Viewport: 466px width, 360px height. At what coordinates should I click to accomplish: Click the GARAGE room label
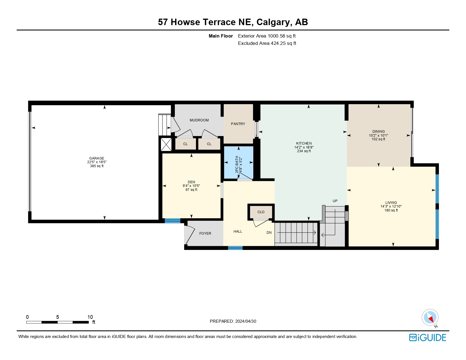pos(97,158)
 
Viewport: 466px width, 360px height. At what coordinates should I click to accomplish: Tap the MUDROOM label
pos(199,120)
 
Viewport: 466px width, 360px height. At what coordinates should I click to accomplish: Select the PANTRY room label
pos(238,124)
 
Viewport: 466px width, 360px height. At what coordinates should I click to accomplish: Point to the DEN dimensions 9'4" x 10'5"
pos(191,186)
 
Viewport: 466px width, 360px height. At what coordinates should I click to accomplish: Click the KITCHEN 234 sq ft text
pos(304,151)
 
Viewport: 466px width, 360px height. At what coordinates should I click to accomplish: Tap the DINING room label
pos(378,132)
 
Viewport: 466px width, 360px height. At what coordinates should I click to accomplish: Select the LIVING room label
pos(391,203)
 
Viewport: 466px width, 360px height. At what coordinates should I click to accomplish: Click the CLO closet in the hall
pos(261,212)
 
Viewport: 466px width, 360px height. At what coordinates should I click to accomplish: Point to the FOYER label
pos(205,234)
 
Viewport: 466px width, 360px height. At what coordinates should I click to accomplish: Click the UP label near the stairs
pos(335,201)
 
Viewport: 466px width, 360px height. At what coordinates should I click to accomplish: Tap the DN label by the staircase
pos(269,233)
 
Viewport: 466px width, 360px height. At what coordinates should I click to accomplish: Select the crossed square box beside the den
pos(166,145)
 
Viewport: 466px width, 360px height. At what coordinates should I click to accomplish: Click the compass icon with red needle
pos(430,317)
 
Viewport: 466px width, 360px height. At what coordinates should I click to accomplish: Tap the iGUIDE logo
pos(428,337)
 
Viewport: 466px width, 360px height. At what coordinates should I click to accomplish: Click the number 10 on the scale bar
pos(90,317)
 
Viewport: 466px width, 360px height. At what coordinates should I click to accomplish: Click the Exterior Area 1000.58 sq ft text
pos(267,36)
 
